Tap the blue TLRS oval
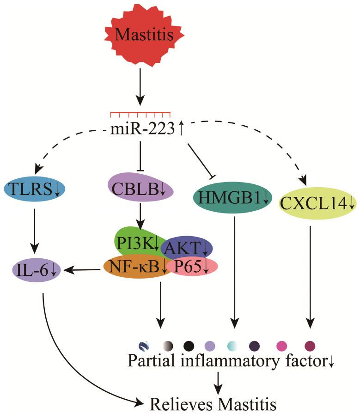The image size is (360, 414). (34, 188)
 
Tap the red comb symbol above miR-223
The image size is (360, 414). (140, 115)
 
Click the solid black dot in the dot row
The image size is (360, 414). (189, 345)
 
